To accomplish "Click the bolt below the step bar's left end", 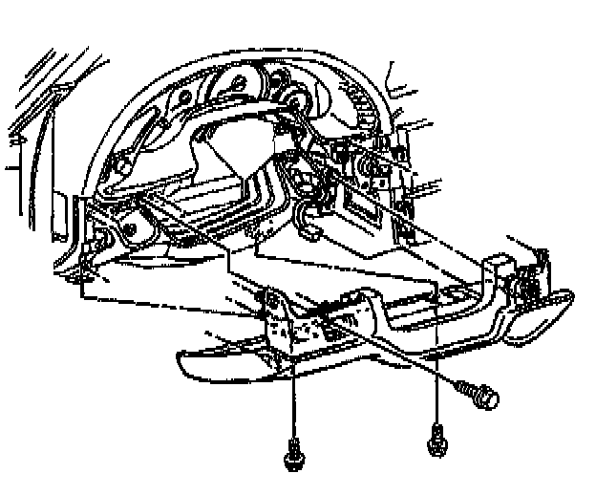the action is coord(293,455).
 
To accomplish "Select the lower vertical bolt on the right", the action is coord(436,442).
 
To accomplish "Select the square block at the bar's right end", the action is coord(501,267).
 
